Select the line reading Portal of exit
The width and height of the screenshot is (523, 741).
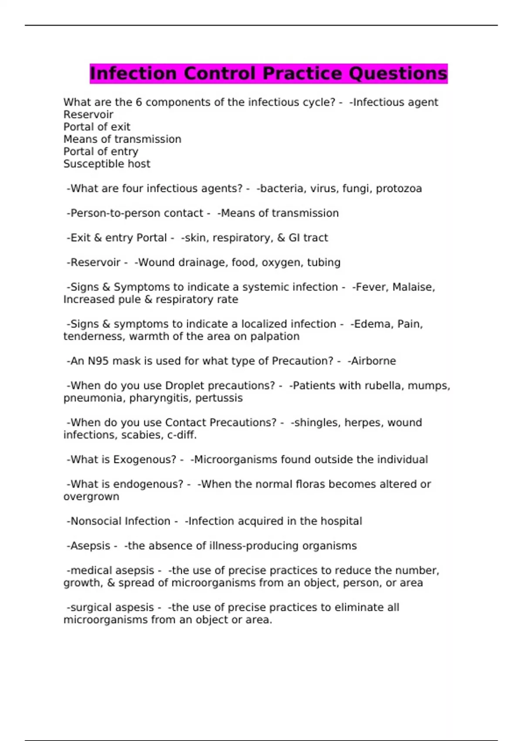click(x=97, y=127)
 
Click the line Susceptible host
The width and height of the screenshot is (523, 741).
click(x=107, y=164)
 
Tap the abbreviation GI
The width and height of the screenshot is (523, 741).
click(x=294, y=238)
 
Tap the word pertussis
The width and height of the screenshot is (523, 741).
click(x=219, y=398)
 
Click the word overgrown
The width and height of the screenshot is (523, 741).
click(x=91, y=496)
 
